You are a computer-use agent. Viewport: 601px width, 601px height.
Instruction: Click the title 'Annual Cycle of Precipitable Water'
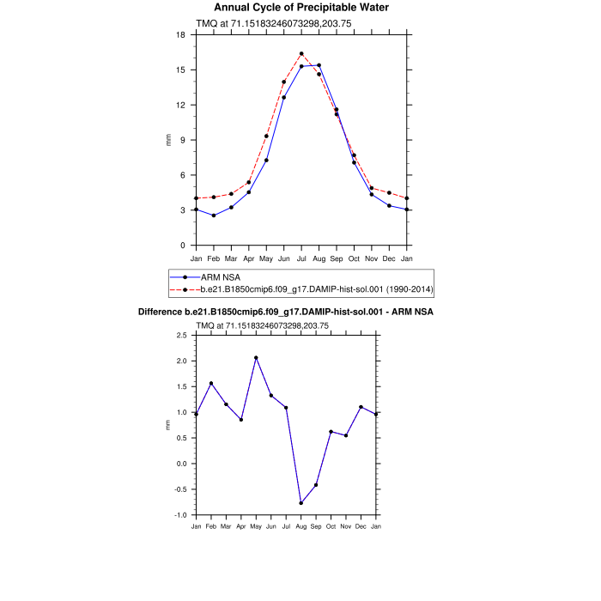(301, 8)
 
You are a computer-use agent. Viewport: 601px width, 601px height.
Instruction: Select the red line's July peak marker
(301, 54)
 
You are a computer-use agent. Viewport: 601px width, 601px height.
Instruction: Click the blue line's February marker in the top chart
(214, 216)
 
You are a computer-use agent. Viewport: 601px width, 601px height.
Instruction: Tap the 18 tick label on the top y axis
(180, 35)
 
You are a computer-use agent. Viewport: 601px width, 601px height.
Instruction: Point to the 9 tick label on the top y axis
(183, 140)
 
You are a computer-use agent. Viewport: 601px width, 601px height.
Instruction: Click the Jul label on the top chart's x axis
(301, 258)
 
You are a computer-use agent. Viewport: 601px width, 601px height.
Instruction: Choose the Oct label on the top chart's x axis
(354, 258)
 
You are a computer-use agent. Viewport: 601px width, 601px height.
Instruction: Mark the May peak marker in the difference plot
(256, 357)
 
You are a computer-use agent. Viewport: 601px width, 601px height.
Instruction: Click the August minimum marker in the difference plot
(301, 503)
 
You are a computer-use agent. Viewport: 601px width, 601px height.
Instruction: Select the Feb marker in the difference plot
(211, 384)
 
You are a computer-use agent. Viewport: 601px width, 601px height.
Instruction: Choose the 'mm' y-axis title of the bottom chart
(168, 425)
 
